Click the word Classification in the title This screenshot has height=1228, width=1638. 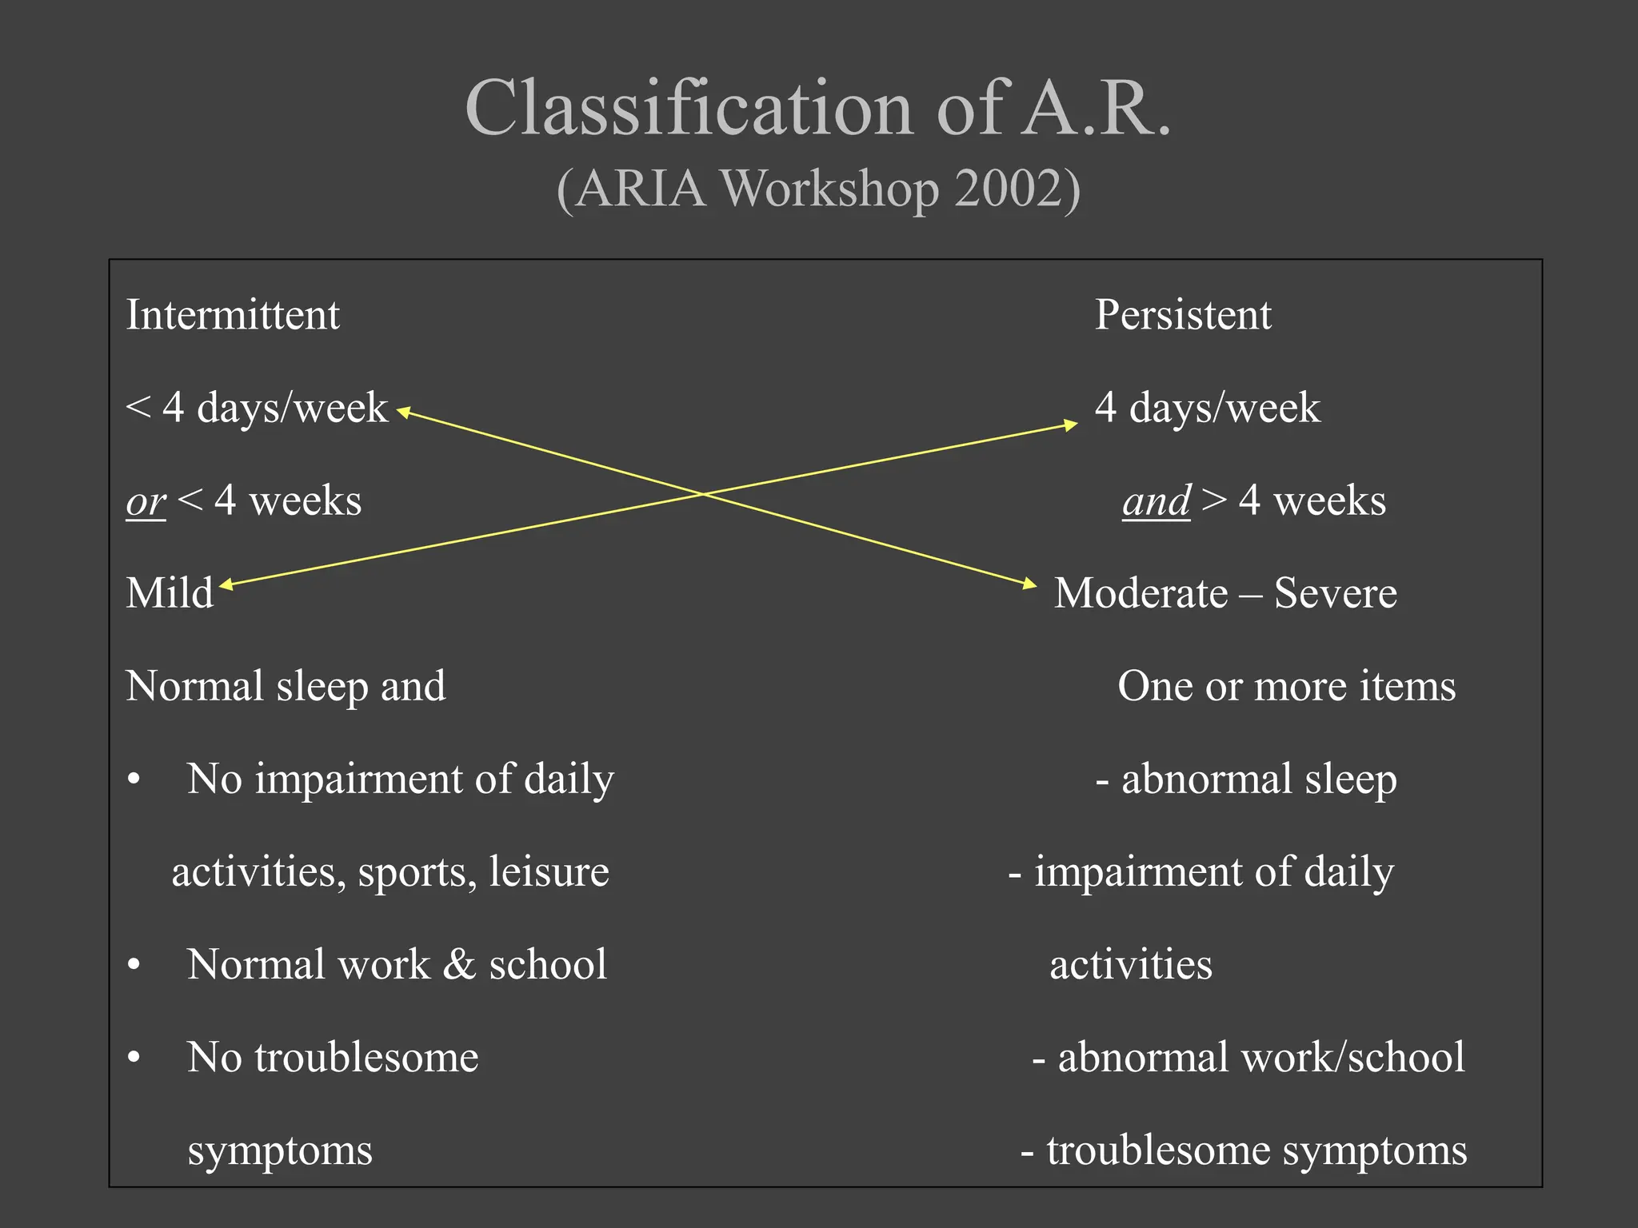pos(689,109)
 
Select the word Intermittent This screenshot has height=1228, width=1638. pos(233,314)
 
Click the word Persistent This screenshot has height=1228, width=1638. pos(1183,314)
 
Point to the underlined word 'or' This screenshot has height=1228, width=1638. pos(146,502)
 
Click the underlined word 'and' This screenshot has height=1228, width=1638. pos(1157,502)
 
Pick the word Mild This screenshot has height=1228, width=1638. pos(170,593)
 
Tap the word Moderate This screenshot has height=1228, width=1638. pos(1141,593)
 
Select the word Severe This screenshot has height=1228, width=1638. pos(1336,593)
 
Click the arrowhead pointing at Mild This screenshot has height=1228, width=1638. pos(226,584)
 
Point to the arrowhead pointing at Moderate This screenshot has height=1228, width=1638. pos(1029,584)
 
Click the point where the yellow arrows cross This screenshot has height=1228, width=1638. pos(702,494)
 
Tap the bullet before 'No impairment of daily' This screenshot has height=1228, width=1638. pos(134,779)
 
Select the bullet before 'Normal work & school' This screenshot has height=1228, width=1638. pos(134,965)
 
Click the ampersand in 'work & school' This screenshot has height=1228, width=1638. pos(459,964)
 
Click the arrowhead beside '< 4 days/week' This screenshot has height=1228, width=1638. pos(404,413)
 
